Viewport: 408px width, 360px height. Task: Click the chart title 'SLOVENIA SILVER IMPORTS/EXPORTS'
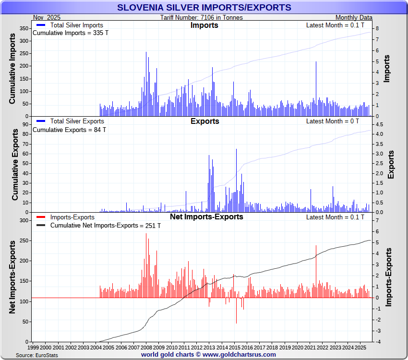pos(204,8)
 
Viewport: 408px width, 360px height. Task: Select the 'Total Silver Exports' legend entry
pos(77,121)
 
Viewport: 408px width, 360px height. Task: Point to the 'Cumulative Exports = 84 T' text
pos(69,130)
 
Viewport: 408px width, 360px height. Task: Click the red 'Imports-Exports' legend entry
pos(72,217)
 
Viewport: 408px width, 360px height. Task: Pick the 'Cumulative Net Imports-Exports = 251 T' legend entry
pos(105,226)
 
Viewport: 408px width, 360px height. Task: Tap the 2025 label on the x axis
pos(360,347)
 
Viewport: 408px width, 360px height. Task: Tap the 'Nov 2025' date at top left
pos(47,18)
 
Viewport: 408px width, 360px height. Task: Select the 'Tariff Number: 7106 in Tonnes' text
pos(202,18)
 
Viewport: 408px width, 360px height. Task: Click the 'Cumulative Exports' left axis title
pos(15,167)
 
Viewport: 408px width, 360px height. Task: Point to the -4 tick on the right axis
pos(378,342)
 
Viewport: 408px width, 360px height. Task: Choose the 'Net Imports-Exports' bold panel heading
pos(206,217)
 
